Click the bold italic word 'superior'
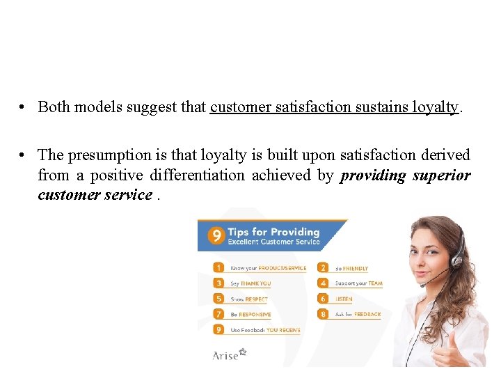point(442,175)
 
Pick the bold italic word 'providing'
point(373,175)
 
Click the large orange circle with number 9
point(216,236)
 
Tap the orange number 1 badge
point(219,267)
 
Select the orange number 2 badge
point(324,267)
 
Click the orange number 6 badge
point(324,299)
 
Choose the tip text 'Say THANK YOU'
point(250,283)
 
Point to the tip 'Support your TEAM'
point(359,283)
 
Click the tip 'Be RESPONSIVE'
point(250,315)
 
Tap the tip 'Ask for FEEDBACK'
point(358,315)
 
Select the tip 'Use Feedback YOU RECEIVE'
point(264,330)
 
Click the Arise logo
point(229,355)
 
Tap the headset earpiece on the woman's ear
point(457,260)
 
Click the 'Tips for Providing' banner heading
point(273,232)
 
